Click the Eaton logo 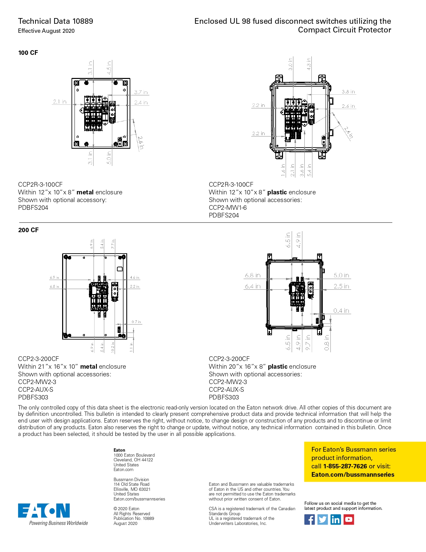[44, 511]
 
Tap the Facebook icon [309, 520]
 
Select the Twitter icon [322, 520]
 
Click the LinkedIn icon [335, 520]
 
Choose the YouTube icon [349, 520]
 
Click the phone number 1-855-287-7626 [345, 466]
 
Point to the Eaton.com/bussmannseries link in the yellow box [353, 475]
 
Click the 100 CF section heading [28, 53]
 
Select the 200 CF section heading [28, 230]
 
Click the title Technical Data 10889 [55, 21]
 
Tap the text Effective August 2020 [46, 31]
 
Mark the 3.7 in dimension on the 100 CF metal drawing [141, 92]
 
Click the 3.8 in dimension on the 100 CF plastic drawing [348, 92]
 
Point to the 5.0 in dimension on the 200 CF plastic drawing [341, 275]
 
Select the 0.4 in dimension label [341, 311]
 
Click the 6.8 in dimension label [253, 275]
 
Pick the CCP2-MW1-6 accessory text [228, 208]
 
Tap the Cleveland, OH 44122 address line [133, 460]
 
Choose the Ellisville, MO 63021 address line [132, 489]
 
